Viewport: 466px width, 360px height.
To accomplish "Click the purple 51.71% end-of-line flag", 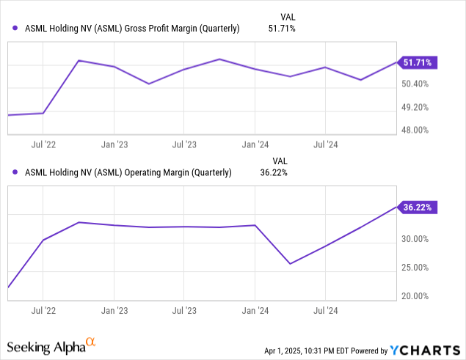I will point(418,63).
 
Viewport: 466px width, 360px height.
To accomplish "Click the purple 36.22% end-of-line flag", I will point(418,207).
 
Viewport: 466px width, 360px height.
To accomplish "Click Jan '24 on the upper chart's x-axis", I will point(254,144).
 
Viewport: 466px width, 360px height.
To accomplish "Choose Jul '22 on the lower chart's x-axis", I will point(43,310).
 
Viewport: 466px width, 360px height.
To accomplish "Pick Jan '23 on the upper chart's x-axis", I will point(113,144).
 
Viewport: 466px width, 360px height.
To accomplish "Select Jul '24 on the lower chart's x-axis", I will point(325,310).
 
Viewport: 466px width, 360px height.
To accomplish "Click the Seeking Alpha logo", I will point(51,345).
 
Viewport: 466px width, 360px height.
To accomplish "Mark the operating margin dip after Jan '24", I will point(291,263).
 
